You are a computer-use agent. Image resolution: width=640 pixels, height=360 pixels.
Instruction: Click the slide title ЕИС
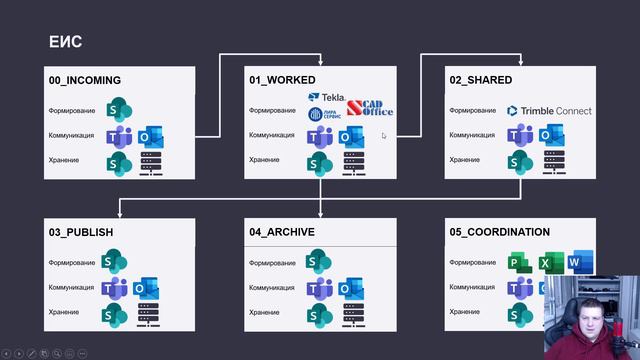click(65, 42)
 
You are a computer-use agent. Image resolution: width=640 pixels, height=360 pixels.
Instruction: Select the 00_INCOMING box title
click(85, 80)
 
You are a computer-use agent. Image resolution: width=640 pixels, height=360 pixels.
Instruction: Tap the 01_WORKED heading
click(282, 80)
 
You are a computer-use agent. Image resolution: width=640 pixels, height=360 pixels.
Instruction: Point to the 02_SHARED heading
click(481, 80)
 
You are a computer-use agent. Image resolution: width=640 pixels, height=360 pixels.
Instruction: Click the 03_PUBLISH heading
click(81, 232)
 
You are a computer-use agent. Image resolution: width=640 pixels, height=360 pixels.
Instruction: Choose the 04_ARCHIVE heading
click(282, 232)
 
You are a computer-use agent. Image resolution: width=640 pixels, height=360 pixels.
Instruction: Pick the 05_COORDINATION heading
click(500, 232)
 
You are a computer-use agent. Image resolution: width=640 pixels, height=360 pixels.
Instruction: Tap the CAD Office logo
click(370, 109)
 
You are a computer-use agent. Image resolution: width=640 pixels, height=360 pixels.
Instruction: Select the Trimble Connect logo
click(549, 111)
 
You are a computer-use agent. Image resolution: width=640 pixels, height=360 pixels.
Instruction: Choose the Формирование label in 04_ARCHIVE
click(273, 263)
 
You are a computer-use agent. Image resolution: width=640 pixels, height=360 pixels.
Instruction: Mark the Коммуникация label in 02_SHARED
click(472, 135)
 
